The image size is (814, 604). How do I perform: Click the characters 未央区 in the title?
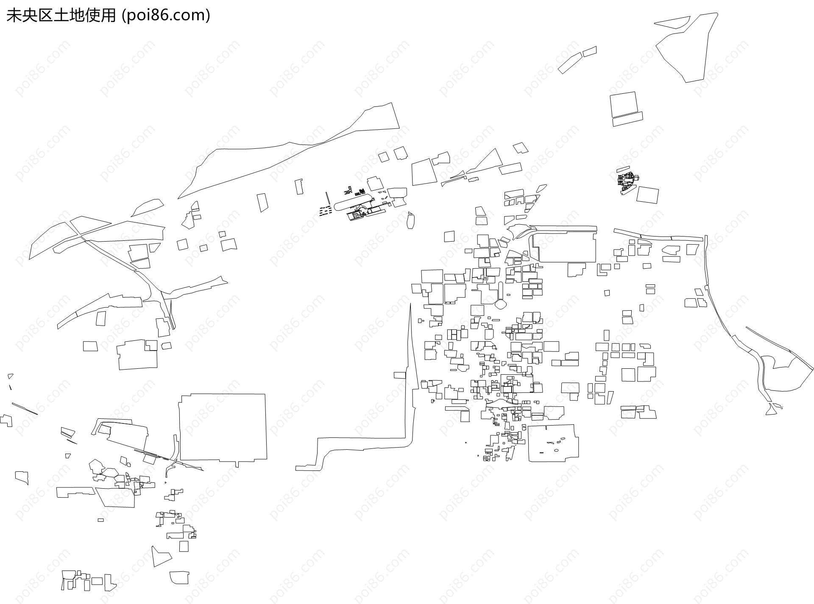tap(26, 15)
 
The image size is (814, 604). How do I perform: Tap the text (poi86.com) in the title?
tap(166, 15)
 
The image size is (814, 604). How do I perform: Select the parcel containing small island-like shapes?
tap(553, 443)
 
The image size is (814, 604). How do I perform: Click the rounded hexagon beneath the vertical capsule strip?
tap(501, 304)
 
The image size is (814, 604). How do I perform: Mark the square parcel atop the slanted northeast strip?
tap(624, 105)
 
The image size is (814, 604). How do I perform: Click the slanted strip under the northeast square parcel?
tap(627, 119)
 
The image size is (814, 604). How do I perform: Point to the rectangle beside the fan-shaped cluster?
tap(647, 195)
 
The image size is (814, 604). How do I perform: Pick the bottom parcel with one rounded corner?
tap(180, 578)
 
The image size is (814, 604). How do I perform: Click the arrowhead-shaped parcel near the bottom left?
tap(160, 556)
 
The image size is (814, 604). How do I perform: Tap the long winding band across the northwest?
tap(288, 150)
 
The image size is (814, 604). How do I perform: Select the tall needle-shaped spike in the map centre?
tap(410, 339)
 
